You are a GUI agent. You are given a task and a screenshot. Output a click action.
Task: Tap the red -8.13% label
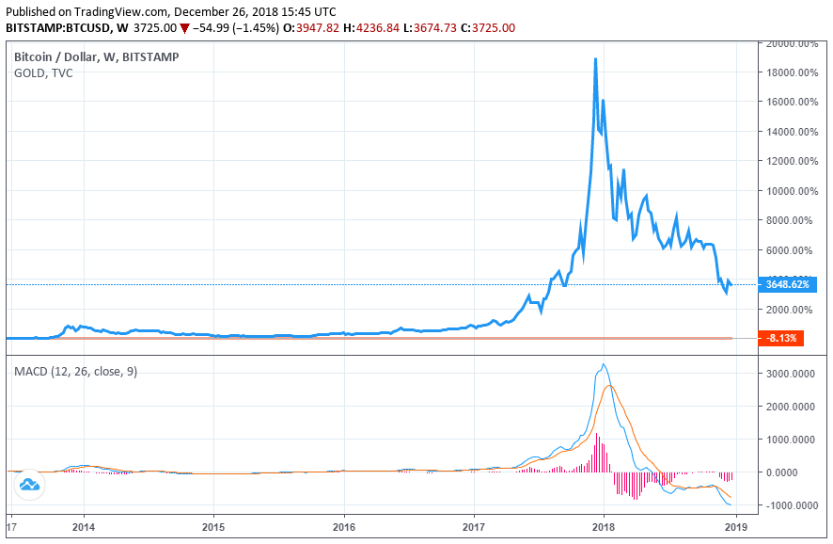pos(782,338)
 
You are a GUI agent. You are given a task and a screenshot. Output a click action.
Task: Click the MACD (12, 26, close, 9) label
pos(75,372)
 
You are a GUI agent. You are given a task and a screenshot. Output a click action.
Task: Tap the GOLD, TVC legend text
pos(44,73)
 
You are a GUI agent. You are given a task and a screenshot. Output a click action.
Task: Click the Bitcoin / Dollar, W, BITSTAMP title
pos(97,56)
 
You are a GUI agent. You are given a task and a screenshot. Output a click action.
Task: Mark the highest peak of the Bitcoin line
pos(595,59)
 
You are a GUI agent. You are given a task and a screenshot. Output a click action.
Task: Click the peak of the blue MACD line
pos(604,364)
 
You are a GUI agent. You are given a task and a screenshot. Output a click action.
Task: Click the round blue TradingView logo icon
pos(28,485)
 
